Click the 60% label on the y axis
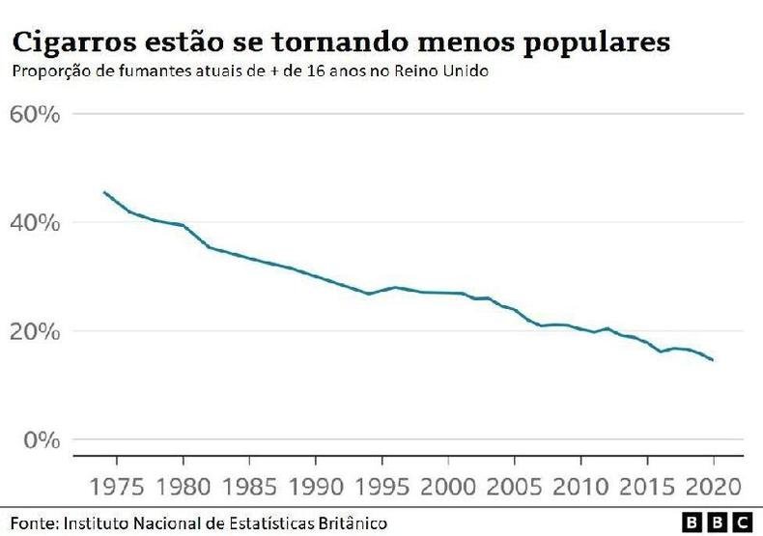(x=35, y=114)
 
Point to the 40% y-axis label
(x=35, y=223)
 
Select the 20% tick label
(x=35, y=331)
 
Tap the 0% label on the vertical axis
(x=42, y=440)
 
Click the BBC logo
(x=717, y=522)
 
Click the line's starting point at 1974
(x=103, y=192)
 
